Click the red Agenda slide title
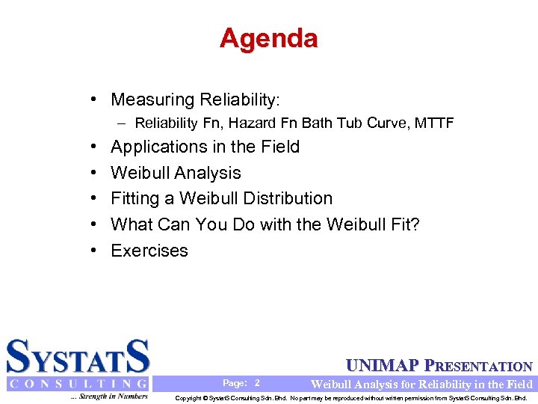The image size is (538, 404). (269, 38)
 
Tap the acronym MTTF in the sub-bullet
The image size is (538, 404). (434, 123)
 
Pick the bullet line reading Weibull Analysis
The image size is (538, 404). (176, 173)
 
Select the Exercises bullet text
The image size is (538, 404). (149, 251)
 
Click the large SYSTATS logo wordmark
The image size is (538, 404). (78, 356)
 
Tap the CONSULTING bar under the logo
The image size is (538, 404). (78, 384)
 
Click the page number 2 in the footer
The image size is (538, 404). (257, 383)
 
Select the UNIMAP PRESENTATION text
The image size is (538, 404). (439, 367)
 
